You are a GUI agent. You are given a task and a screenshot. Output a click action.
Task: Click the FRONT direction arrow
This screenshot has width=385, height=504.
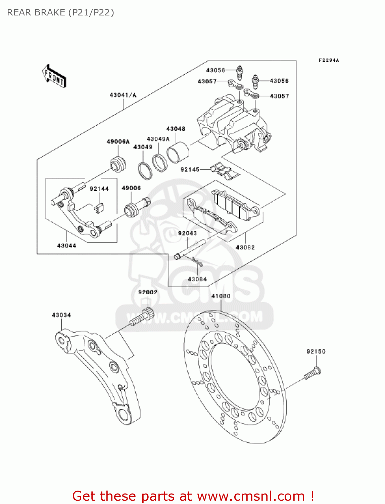tap(54, 76)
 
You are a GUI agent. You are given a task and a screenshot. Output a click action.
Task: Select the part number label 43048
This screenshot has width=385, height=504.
tap(176, 129)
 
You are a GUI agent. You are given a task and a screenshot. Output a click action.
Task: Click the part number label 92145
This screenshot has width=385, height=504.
tap(190, 170)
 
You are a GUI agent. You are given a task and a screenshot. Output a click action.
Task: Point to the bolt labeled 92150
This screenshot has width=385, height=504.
tap(312, 374)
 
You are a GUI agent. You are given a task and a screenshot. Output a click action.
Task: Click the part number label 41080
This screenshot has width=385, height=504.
tap(221, 296)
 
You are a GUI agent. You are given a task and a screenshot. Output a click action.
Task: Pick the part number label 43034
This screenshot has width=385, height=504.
tap(61, 315)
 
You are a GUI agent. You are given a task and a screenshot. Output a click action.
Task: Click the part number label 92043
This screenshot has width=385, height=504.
tap(187, 233)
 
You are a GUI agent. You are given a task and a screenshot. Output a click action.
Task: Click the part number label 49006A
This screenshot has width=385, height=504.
tap(118, 142)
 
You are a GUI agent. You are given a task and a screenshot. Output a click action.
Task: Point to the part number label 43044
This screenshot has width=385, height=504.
tap(66, 246)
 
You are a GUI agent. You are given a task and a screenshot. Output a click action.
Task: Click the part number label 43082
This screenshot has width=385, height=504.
tap(245, 247)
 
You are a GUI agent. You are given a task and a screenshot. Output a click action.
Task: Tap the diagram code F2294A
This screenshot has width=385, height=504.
tap(329, 60)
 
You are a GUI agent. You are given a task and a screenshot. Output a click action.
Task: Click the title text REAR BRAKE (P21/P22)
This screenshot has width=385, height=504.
tap(60, 12)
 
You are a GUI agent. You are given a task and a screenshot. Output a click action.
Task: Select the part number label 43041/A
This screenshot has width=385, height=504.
tap(123, 95)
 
